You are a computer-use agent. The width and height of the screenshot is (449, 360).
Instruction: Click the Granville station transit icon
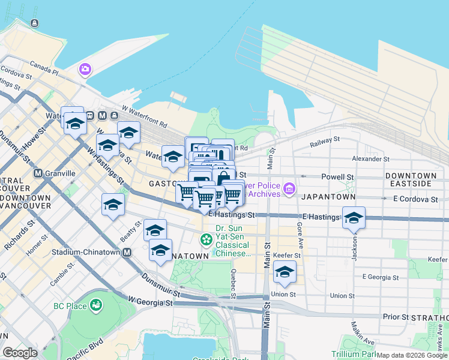[x=38, y=173]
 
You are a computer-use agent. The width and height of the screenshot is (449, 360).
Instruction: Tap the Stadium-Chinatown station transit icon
[x=127, y=253]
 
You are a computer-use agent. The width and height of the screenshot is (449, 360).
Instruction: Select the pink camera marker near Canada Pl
[x=85, y=70]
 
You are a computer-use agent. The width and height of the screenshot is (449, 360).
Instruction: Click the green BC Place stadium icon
[x=96, y=306]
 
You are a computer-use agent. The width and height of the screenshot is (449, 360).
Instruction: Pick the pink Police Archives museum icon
[x=289, y=190]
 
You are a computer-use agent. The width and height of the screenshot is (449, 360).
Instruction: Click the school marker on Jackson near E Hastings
[x=354, y=218]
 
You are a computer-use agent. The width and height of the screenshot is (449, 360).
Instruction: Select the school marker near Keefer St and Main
[x=285, y=272]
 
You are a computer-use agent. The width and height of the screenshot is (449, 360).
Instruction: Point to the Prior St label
[x=396, y=316]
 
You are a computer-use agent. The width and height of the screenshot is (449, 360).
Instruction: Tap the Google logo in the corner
[x=20, y=353]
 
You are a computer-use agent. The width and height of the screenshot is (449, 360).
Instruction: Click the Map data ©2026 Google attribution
[x=412, y=355]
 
